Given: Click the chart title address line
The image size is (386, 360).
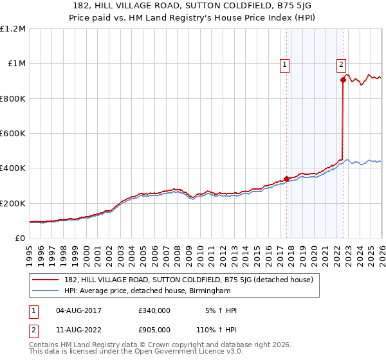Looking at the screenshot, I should tap(193, 5).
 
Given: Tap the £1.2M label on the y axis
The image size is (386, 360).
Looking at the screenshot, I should tap(14, 29).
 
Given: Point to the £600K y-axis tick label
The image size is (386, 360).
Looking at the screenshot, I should tap(13, 134).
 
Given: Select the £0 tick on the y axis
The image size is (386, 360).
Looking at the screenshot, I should tap(20, 238).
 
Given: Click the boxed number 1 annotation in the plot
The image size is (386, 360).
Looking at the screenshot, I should tap(284, 64).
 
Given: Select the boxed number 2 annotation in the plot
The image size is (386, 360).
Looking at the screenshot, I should tap(341, 64).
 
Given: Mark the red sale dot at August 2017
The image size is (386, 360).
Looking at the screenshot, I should tap(286, 179).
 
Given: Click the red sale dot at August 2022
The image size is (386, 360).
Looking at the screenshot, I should tap(343, 80).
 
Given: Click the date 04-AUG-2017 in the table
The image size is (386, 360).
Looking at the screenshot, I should tap(79, 310).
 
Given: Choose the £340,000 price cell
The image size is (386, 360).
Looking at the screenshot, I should tap(154, 310).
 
